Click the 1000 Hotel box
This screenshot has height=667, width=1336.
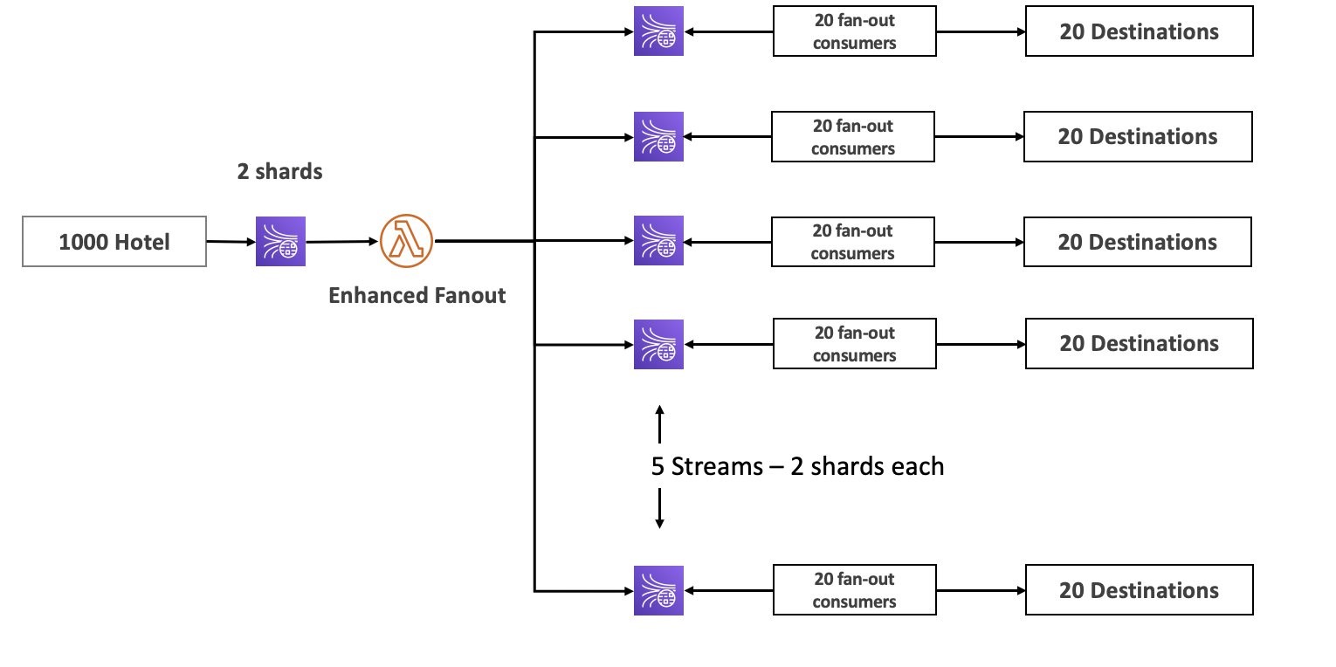point(114,242)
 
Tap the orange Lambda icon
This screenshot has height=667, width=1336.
point(407,241)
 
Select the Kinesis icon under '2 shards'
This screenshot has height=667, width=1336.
point(280,242)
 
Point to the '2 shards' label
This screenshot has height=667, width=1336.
point(279,172)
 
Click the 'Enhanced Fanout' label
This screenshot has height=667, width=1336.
point(417,296)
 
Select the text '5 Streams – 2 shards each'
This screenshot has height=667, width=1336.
point(797,466)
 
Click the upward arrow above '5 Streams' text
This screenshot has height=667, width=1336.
point(659,423)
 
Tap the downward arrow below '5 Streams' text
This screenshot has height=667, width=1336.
point(659,508)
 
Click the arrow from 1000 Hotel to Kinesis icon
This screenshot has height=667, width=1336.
point(231,241)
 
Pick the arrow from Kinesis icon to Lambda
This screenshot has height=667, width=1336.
point(342,241)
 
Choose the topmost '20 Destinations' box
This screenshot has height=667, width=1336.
point(1139,32)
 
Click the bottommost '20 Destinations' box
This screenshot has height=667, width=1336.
point(1139,590)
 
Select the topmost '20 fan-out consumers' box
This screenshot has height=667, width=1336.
point(854,32)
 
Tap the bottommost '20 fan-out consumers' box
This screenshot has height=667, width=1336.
point(854,590)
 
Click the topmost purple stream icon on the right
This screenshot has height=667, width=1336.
point(658,31)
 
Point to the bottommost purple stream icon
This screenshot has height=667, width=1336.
point(658,590)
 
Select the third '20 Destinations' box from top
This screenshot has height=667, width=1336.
point(1137,242)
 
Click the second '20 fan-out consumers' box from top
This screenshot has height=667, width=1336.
point(852,137)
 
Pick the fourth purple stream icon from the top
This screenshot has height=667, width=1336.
point(658,345)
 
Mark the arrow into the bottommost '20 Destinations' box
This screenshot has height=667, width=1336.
point(980,590)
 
